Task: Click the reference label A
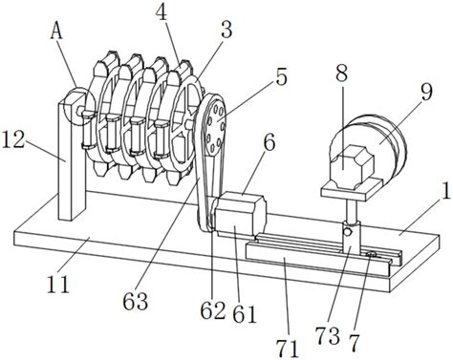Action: [x=56, y=33]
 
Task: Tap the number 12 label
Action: [x=13, y=140]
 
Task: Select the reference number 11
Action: [x=57, y=284]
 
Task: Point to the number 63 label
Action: [x=136, y=301]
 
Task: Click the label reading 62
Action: [x=213, y=310]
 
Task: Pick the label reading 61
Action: [x=245, y=314]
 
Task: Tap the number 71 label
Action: [x=288, y=349]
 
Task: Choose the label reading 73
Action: [x=327, y=336]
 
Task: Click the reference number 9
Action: [x=426, y=93]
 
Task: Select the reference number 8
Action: [x=341, y=74]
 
